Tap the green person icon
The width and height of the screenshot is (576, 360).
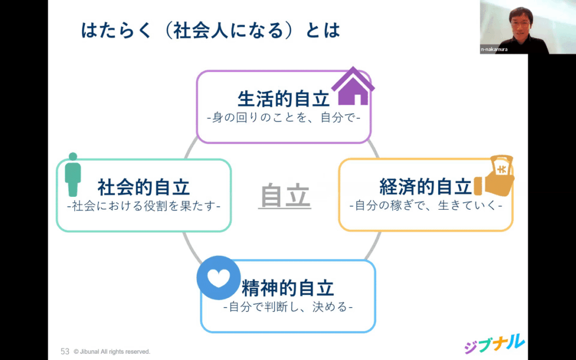tap(73, 174)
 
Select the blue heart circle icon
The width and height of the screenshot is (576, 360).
tap(219, 278)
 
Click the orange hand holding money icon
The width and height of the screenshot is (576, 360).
tap(494, 176)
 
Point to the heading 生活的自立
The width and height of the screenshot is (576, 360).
tap(283, 99)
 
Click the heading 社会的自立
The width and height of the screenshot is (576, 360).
tap(143, 187)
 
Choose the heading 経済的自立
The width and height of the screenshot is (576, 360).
tap(425, 187)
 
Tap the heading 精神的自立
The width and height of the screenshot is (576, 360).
tap(288, 288)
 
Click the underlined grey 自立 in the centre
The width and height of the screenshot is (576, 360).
tap(285, 196)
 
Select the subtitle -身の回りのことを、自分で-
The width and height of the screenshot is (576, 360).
tap(283, 119)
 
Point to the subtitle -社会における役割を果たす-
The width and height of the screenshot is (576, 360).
tap(143, 206)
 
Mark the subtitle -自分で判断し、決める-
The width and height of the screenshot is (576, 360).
tap(288, 307)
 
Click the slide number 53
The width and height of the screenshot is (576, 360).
tap(65, 351)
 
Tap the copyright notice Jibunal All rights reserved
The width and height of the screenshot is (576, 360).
tap(112, 352)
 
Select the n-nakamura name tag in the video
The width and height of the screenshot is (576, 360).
tap(494, 49)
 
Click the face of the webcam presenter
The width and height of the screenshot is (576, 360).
tap(520, 22)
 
